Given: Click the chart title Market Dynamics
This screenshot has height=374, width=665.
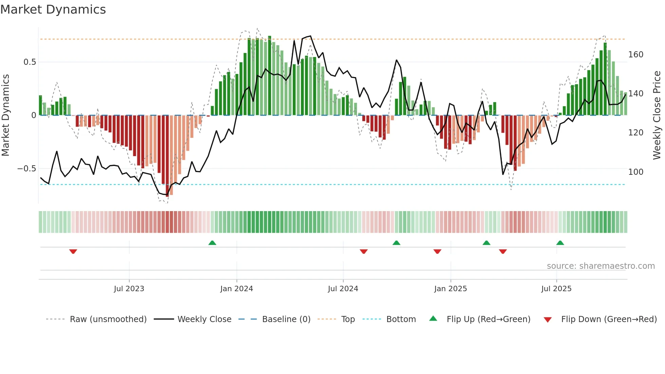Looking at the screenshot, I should point(53,10).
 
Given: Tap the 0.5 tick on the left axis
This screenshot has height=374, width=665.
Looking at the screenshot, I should point(30,62).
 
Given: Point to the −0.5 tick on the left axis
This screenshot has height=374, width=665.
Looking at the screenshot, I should point(27,169).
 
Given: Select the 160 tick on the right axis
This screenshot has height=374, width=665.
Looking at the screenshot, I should point(635,55).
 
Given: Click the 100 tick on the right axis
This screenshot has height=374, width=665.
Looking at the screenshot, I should point(635,172).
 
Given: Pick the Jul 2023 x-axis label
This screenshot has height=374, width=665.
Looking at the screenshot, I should point(129,289).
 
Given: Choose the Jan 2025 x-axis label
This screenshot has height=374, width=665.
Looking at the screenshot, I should point(450,289).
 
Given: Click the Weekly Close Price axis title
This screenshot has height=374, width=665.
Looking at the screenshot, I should point(657,115).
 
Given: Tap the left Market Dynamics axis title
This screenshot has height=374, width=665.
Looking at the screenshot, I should point(5,115).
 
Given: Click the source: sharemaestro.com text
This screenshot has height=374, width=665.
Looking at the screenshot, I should point(601,266).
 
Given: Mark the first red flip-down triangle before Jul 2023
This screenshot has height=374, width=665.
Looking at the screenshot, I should point(73,251).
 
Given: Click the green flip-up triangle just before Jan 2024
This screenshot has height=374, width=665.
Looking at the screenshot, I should point(212,243).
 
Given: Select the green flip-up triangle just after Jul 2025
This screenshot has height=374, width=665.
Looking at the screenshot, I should point(560,243).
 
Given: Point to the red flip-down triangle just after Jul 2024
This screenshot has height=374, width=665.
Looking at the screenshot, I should point(363,251).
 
